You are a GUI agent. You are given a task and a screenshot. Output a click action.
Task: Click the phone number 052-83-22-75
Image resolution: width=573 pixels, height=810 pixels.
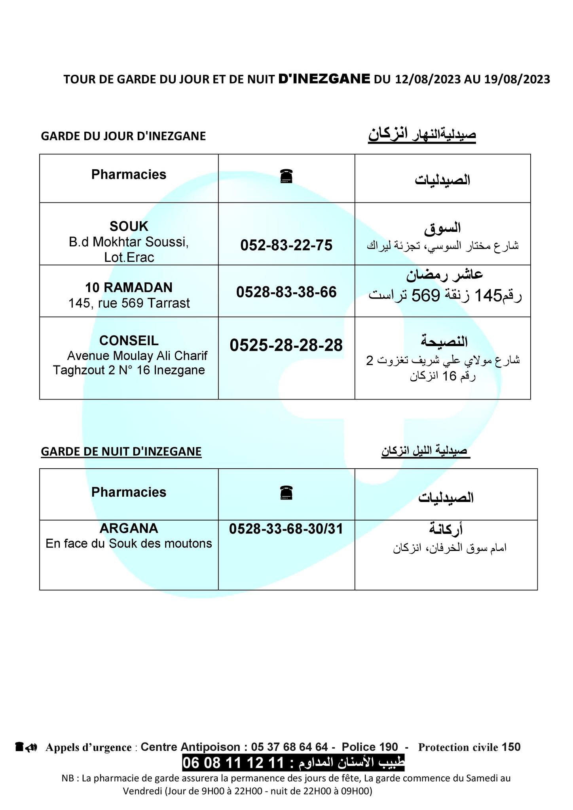[x=286, y=246]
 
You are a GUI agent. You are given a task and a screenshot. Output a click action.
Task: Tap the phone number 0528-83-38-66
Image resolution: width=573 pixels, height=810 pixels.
[x=286, y=292]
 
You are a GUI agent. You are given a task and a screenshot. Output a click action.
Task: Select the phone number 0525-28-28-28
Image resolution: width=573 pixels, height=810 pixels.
[x=286, y=345]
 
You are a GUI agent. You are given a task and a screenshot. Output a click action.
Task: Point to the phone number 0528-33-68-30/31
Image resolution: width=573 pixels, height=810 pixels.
[x=286, y=529]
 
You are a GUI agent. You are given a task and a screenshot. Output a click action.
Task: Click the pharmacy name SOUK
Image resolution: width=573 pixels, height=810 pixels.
[x=129, y=226]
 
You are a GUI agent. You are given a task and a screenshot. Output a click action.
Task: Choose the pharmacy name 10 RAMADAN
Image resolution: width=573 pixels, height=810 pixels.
[x=129, y=287]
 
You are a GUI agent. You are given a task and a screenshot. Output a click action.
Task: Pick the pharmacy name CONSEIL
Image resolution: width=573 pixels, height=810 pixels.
[x=129, y=341]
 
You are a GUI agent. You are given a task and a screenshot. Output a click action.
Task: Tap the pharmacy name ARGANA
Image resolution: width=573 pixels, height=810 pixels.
[x=129, y=528]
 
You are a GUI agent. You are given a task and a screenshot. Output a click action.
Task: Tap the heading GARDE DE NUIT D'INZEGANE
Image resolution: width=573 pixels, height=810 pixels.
[x=121, y=451]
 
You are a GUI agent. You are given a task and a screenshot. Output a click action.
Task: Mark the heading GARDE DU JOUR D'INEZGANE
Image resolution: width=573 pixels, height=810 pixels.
[x=123, y=136]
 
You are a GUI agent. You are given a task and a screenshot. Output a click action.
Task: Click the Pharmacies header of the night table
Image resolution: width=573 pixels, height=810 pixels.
[x=129, y=492]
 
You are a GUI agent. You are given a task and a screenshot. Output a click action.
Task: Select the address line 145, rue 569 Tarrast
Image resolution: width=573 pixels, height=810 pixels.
[x=129, y=303]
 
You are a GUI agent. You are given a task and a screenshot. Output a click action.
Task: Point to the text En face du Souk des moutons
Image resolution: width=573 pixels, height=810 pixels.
[x=129, y=543]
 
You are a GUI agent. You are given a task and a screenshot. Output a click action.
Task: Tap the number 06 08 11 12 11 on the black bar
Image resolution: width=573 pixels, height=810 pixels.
[x=234, y=763]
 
